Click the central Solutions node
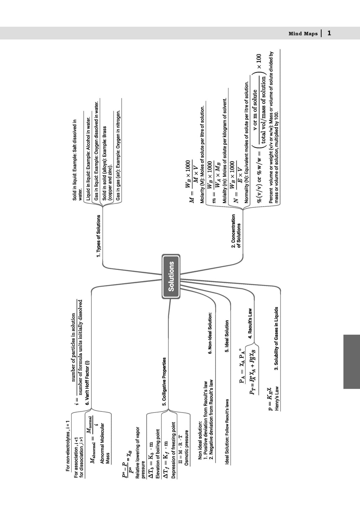pos(171,277)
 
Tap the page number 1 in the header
pos(329,33)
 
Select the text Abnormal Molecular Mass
pos(105,443)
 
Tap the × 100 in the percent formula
pos(259,61)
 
